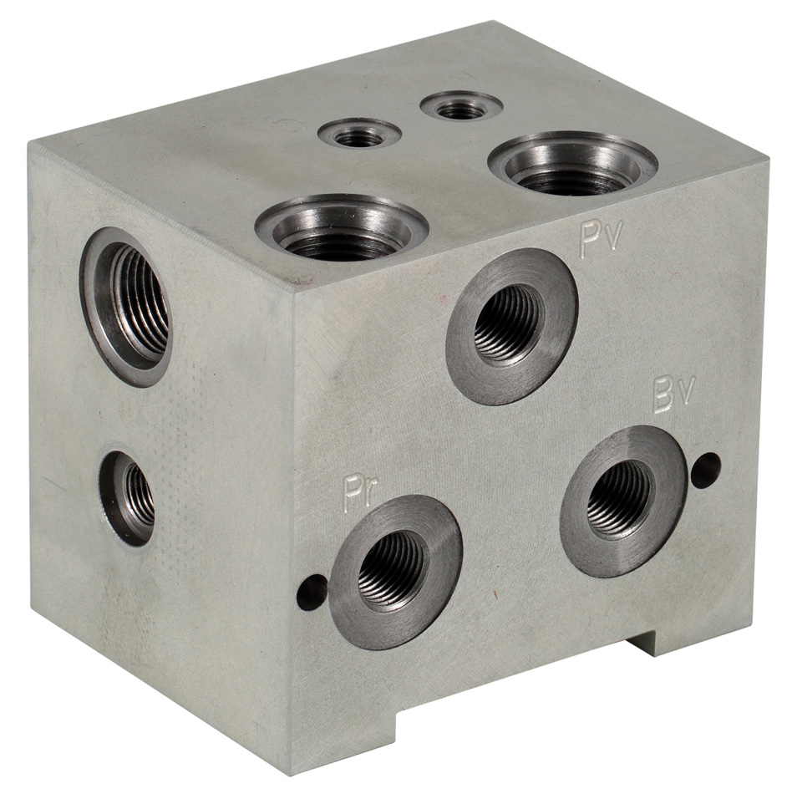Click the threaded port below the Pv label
click(x=512, y=326)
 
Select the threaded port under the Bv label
click(x=624, y=501)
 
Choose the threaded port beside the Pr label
click(x=396, y=573)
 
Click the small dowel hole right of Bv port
click(x=706, y=468)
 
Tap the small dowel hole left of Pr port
click(x=311, y=592)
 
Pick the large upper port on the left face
click(x=126, y=307)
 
